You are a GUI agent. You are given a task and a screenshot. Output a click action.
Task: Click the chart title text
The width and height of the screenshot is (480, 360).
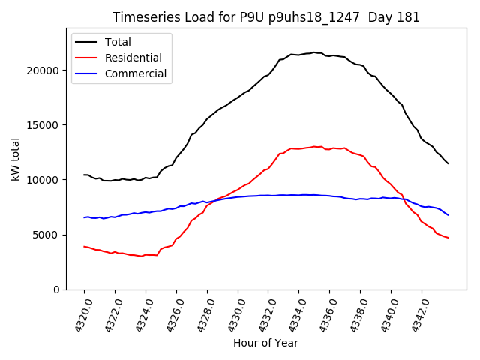[266, 17]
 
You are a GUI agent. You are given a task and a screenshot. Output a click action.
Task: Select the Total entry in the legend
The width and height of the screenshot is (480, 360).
[118, 42]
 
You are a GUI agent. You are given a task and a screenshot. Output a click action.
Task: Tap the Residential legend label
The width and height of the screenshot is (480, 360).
[133, 58]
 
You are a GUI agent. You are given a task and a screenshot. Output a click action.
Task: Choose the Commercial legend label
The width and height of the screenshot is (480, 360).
[136, 73]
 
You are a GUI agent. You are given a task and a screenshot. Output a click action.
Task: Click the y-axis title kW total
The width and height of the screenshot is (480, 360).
[15, 160]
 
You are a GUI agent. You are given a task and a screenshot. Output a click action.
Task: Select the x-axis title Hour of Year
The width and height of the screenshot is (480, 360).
[265, 343]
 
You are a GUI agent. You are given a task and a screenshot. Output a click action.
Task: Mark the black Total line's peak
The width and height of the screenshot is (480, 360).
[314, 52]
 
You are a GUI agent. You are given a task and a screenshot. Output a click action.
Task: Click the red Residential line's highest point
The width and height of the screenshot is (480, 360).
[315, 146]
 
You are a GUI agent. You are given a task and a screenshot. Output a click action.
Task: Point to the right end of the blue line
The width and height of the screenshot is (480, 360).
[448, 215]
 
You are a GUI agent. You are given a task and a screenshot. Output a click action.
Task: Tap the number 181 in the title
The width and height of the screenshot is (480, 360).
[409, 17]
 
